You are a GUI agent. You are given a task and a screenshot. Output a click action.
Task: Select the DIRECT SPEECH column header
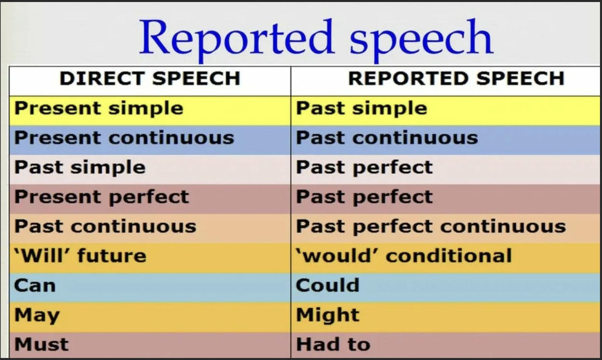point(150,78)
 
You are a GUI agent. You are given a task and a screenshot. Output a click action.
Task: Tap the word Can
point(35,286)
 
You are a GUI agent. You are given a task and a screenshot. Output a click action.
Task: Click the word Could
point(328,285)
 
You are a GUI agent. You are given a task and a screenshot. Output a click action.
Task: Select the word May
point(37,316)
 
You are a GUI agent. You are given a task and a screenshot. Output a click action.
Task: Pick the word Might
point(328,316)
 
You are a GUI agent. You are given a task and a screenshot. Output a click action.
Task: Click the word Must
point(41,345)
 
